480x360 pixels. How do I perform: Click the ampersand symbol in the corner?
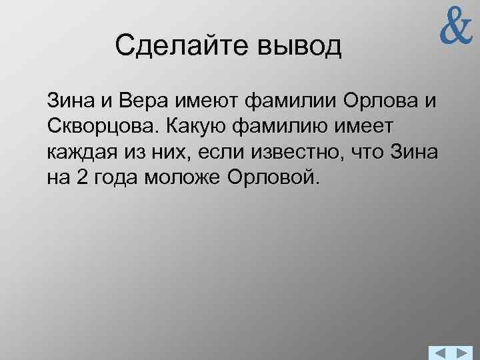pyautogui.click(x=455, y=29)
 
